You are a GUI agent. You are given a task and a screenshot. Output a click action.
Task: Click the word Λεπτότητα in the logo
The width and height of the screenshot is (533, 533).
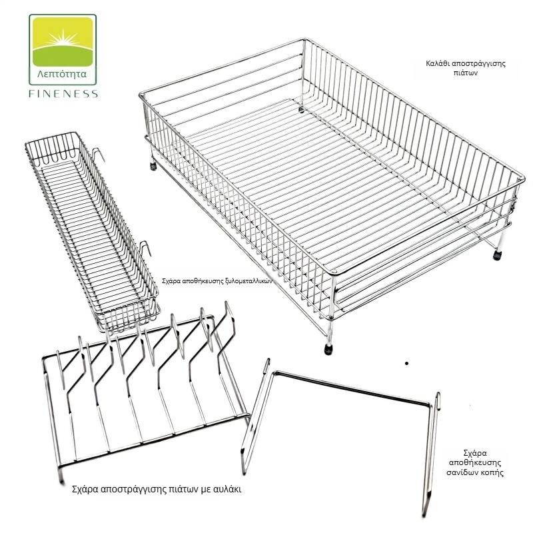62,74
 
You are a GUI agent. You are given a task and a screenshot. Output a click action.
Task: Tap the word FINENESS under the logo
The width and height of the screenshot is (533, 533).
63,93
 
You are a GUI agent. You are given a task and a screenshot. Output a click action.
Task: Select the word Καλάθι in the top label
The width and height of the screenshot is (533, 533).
436,63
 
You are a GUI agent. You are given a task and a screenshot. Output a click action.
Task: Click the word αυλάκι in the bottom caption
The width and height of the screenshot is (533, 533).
228,489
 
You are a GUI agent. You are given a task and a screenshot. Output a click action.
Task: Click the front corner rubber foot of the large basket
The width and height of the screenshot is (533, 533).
328,349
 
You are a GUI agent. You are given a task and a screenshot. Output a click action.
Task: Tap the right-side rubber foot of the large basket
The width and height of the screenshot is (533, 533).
497,255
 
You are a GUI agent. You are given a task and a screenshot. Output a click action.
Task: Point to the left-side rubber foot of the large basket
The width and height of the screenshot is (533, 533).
153,166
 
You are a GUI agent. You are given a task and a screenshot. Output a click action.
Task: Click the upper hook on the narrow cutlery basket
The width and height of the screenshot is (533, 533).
99,155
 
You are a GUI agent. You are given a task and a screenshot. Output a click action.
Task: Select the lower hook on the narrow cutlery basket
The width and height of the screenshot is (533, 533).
145,248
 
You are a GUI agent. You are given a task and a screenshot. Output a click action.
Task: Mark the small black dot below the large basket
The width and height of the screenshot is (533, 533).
406,363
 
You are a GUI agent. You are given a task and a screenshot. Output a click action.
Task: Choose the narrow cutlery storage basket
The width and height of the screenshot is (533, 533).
92,231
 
